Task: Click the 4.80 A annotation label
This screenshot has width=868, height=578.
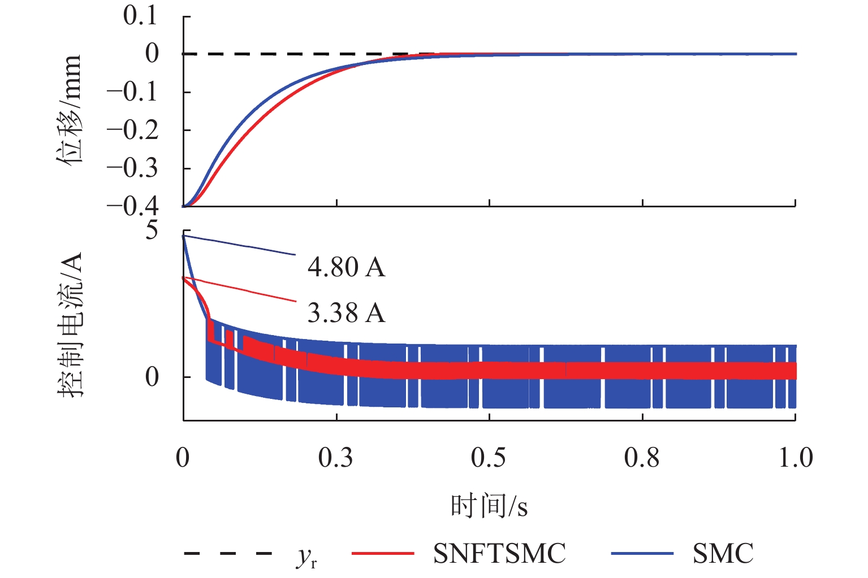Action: [x=346, y=267]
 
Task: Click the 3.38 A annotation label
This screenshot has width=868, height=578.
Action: [x=346, y=313]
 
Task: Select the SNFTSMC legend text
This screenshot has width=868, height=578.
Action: [x=499, y=553]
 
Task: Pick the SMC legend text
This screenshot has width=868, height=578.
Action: [x=723, y=553]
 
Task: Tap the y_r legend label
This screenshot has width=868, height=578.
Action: [x=306, y=556]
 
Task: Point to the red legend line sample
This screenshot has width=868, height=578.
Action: [x=383, y=553]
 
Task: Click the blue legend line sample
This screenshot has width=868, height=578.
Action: [x=642, y=553]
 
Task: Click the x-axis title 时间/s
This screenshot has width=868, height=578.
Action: [x=489, y=505]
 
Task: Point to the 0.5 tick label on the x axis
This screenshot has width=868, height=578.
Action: [x=489, y=458]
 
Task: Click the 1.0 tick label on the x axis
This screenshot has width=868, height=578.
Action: [x=795, y=458]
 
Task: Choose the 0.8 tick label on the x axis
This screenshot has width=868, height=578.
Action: [x=642, y=458]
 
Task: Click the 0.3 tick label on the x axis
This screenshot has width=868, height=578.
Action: [x=335, y=458]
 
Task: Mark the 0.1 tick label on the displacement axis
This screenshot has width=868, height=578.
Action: [x=141, y=16]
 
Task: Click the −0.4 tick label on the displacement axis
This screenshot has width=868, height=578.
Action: [x=133, y=206]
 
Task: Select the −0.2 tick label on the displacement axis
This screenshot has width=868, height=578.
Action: [x=133, y=130]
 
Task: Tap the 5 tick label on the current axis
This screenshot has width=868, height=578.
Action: [x=152, y=230]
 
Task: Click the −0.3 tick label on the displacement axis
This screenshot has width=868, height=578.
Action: [x=133, y=168]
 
